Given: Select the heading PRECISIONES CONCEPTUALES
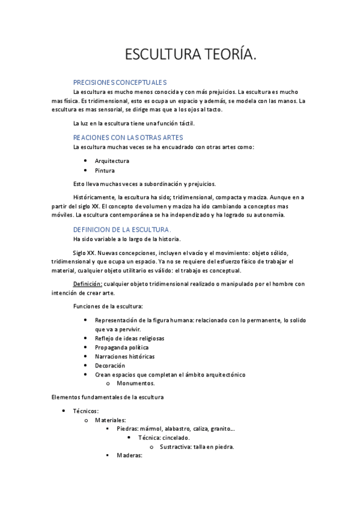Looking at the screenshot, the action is (120, 82).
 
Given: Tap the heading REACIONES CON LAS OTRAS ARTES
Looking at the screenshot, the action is (128, 138).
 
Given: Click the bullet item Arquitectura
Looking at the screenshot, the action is (112, 161).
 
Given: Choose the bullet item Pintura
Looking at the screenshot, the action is (105, 170).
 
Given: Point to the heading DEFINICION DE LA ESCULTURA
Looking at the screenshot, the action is (122, 230).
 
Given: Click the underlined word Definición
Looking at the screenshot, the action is (88, 284).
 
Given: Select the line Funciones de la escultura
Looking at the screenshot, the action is (108, 307).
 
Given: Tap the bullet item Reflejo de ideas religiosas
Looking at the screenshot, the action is (129, 339).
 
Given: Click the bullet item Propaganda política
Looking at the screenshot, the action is (121, 348).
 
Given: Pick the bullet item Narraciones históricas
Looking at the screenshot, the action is (124, 357).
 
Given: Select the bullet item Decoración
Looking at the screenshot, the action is (110, 366).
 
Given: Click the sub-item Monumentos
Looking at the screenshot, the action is (136, 383).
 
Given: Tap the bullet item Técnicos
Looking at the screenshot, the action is (85, 411).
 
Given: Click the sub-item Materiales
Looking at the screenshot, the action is (111, 420).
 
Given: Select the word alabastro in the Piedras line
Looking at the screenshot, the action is (176, 429).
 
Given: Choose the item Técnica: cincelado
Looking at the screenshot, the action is (164, 438).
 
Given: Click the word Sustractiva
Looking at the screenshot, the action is (177, 447).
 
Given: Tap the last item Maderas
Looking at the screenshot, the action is (129, 456).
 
